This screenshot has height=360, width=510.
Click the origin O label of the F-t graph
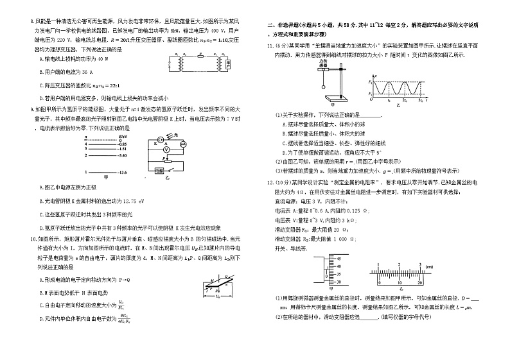click(371, 101)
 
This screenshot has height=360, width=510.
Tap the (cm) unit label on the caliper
click(428, 266)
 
